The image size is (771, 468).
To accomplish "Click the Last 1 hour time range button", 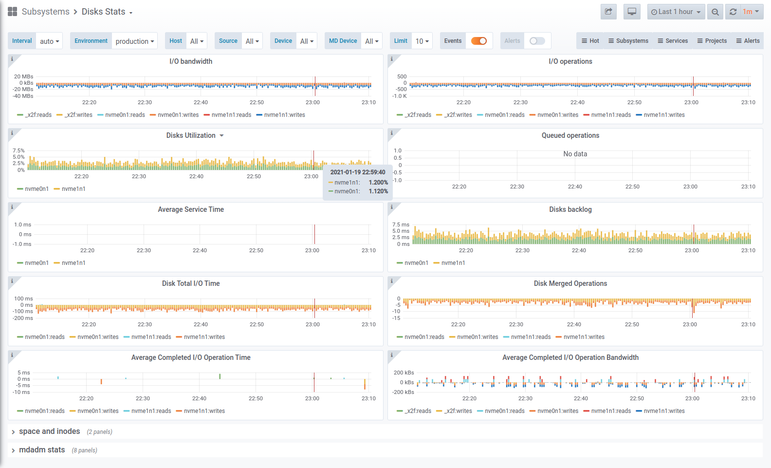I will (676, 12).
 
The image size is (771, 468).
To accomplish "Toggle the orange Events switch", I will (479, 41).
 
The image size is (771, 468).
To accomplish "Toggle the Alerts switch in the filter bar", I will (537, 41).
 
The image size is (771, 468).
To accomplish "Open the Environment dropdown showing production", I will (135, 41).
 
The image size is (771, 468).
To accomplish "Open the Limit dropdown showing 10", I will (422, 41).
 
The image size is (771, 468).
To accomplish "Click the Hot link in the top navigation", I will (590, 41).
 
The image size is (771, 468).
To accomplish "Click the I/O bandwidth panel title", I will (191, 61).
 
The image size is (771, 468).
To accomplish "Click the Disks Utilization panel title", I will (191, 135).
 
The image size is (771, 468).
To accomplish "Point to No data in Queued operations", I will (575, 154).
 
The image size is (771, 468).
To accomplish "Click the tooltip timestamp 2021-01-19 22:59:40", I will (358, 172).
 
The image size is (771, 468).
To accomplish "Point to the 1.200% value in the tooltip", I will (378, 183).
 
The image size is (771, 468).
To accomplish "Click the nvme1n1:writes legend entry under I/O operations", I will (664, 115).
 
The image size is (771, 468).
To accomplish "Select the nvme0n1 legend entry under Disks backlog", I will (416, 263).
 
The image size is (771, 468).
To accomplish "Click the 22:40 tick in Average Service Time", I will (200, 250).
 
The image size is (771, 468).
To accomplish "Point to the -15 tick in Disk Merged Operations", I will (397, 318).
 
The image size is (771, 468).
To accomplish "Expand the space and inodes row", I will (49, 431).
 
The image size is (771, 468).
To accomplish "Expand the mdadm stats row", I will (42, 450).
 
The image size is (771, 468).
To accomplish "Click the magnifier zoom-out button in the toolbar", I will (715, 12).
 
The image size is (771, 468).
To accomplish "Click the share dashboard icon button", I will (608, 12).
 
